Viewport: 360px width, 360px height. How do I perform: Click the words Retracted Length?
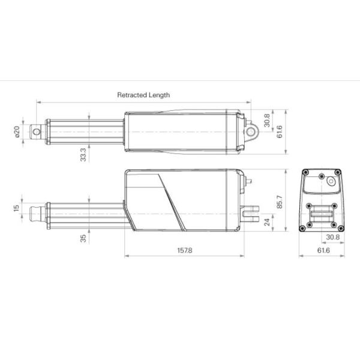(143, 95)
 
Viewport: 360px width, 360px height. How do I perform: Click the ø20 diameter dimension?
(17, 131)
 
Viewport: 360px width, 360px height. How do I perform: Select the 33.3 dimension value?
(83, 154)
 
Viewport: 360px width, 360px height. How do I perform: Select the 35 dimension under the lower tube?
(83, 238)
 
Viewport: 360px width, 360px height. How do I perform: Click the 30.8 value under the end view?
(334, 237)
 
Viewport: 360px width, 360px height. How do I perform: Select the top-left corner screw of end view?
(304, 173)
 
